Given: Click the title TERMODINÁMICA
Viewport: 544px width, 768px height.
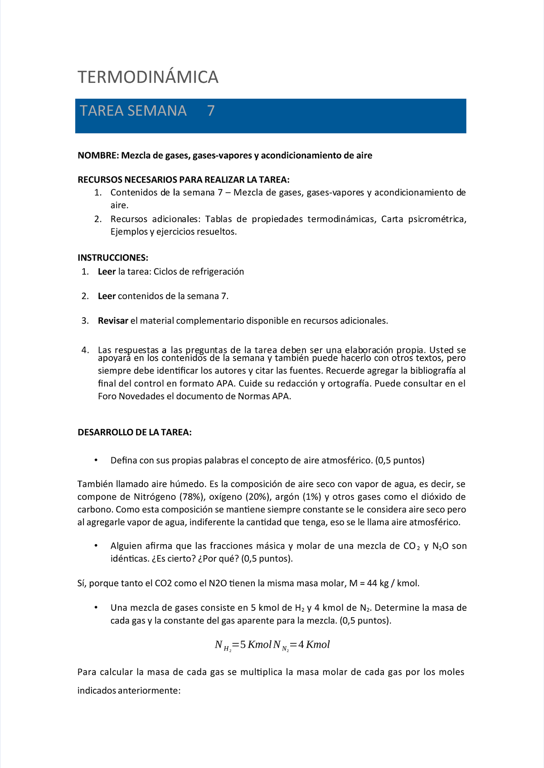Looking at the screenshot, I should coord(148,77).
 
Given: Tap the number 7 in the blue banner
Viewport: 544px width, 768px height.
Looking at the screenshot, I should coord(211,111).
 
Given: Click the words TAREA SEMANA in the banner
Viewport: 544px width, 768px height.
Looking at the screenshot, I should coord(133,111).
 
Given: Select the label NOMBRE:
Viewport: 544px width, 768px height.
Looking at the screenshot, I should coord(98,155).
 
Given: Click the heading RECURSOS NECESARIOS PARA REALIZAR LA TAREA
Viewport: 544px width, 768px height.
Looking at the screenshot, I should coord(183,179).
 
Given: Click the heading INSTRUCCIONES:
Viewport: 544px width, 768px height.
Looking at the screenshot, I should coord(113,258).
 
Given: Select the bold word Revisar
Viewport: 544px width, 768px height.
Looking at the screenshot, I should coord(113,321).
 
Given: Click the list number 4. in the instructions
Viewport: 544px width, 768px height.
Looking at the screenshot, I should coord(85,350).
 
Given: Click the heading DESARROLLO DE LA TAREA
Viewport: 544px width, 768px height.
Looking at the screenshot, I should coord(135,432).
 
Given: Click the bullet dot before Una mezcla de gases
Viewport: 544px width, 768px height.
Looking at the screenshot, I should coord(96,608).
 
